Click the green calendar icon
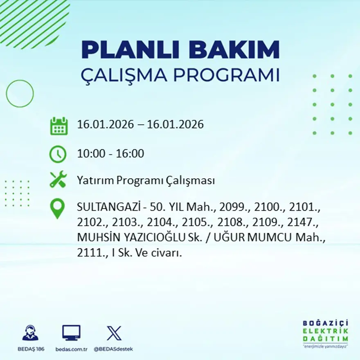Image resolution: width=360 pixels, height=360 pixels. pos(59,126)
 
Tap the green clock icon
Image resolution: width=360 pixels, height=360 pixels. pos(58,154)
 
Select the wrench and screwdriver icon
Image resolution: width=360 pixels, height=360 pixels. pos(58,180)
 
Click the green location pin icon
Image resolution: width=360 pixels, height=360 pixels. pos(57,208)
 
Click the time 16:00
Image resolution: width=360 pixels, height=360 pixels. pos(130,154)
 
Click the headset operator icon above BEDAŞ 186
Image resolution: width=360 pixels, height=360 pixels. pos(30,333)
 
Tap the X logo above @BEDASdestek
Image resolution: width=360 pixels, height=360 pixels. pos(113,333)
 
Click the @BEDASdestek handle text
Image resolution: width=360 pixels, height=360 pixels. pos(113,349)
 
